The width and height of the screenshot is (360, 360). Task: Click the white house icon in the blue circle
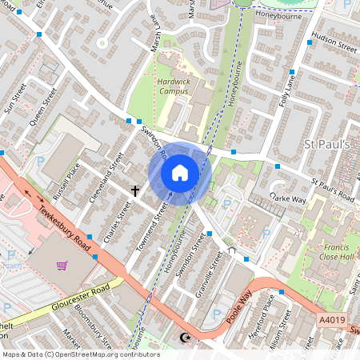click(x=180, y=172)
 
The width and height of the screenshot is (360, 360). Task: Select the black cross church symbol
click(x=135, y=191)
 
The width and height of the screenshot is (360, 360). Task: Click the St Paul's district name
click(x=328, y=144)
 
